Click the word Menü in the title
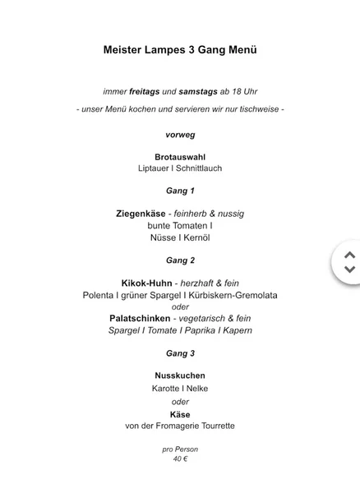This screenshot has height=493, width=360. click(239, 50)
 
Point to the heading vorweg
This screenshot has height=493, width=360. click(180, 133)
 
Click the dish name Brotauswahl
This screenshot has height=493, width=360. click(180, 156)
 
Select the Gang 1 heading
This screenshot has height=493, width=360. click(180, 191)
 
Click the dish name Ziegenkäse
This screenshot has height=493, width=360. click(145, 214)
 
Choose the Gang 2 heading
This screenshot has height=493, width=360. click(180, 260)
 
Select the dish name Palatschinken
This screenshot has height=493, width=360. click(140, 317)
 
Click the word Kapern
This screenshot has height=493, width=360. click(235, 329)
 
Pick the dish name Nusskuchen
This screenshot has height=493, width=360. click(180, 376)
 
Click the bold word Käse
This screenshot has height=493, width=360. click(180, 414)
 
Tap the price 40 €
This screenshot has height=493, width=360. click(180, 459)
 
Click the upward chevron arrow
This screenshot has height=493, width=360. click(349, 256)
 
